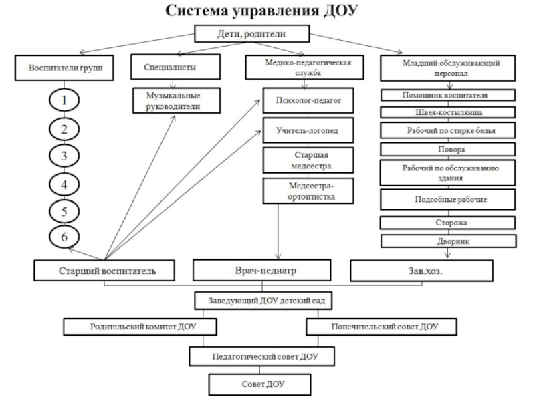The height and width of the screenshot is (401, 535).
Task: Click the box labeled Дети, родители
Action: point(253,33)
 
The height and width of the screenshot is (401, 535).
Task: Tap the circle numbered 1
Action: point(65,102)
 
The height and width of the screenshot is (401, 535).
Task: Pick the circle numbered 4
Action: point(65,184)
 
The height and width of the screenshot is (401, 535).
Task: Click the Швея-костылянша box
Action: point(448,112)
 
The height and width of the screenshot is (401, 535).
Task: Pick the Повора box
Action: point(448,149)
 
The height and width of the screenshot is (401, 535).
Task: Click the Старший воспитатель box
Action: point(105,271)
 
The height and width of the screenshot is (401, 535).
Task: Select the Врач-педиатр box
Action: point(261,271)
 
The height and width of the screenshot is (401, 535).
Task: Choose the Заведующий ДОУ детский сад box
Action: point(263,301)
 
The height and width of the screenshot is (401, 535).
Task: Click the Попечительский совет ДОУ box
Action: point(382,327)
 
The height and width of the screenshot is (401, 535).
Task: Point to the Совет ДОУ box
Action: point(260,384)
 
